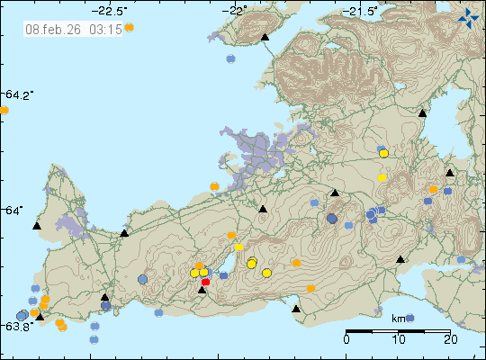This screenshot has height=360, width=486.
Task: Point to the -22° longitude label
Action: coord(238,11)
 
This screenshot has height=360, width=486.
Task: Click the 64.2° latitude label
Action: coord(19,94)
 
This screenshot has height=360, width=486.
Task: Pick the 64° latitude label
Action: coord(17,210)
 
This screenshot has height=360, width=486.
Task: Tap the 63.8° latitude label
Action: coord(18,326)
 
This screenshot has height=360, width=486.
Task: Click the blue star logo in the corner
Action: coord(468,16)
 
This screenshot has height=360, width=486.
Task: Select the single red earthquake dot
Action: coord(205,282)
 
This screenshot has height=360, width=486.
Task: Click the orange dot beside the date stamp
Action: coord(129,28)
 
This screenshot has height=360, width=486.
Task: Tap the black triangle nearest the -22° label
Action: coord(265,37)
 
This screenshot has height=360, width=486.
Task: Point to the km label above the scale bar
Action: coord(399,318)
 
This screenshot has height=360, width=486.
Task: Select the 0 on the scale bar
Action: coord(346,339)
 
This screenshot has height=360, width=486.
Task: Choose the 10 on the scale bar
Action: coord(399,339)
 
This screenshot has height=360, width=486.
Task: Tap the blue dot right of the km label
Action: coord(410,318)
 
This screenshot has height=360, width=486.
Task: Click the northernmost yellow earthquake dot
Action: coord(383,154)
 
